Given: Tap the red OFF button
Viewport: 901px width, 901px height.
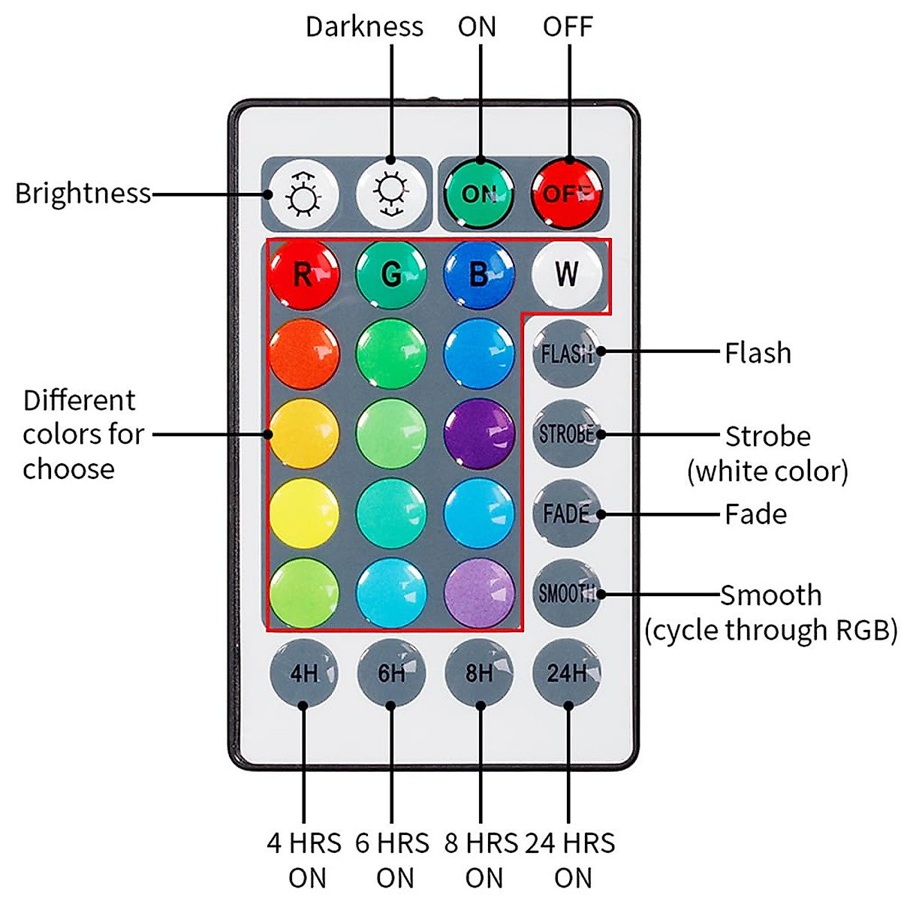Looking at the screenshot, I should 568,193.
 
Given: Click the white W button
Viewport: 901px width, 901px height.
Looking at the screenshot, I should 567,273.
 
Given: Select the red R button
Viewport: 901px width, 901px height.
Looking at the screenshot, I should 303,273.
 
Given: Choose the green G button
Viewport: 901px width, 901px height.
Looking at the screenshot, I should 391,273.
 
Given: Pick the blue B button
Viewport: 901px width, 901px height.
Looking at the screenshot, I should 479,273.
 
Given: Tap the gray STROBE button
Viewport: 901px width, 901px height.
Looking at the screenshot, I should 567,433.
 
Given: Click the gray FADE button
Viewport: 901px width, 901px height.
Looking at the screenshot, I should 567,514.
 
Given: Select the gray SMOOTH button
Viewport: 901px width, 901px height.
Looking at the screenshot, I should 567,593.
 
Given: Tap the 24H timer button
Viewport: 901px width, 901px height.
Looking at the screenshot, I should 567,673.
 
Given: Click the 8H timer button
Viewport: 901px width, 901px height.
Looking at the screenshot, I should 479,673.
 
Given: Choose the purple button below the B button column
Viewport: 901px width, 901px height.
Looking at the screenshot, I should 479,433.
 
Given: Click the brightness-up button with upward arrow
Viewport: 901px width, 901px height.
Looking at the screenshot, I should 303,193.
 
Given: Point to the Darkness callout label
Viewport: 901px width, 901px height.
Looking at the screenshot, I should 364,26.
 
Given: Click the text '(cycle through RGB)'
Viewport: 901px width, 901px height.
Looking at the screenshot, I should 771,629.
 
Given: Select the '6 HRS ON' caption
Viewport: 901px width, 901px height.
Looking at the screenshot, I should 393,860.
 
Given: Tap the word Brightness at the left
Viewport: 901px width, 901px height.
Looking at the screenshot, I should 83,193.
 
